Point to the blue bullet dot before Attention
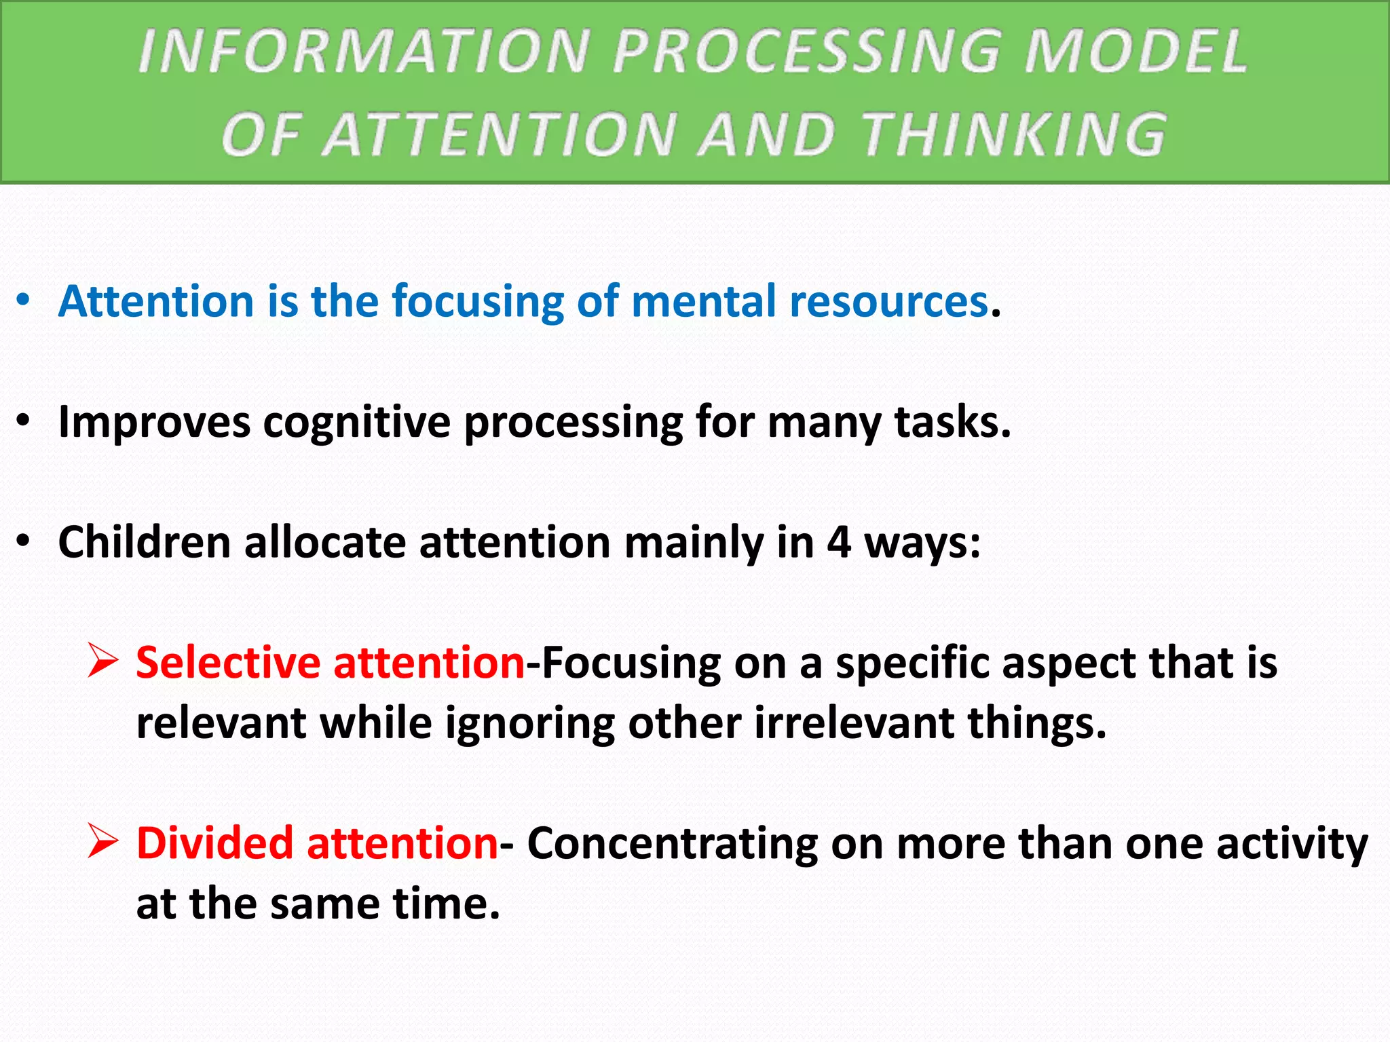(24, 300)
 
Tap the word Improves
(154, 423)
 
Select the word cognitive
(356, 423)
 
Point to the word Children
(144, 542)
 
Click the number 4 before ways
(839, 543)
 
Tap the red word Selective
(228, 662)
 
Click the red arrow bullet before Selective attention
(103, 661)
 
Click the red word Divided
(214, 843)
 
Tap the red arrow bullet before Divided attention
(103, 842)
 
